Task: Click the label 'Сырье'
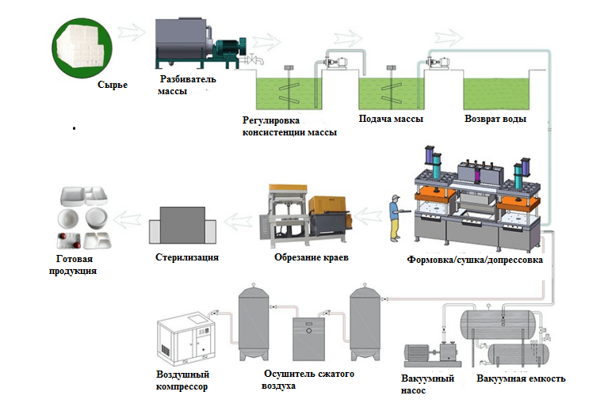(x=113, y=85)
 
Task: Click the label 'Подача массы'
(x=391, y=118)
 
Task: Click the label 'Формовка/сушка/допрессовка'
(x=473, y=259)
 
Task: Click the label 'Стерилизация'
(x=186, y=257)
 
